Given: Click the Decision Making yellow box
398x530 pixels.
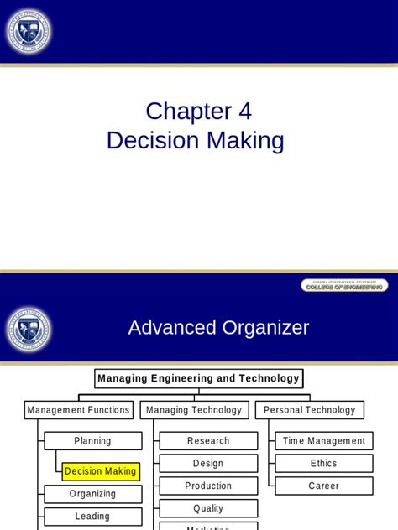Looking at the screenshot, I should (101, 471).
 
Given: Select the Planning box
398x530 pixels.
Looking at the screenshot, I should (92, 441).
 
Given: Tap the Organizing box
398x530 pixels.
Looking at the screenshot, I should (92, 494).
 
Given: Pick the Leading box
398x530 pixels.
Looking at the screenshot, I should (92, 517).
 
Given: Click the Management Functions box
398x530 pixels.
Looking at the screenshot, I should (79, 410).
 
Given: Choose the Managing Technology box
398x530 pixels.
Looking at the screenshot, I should (194, 410).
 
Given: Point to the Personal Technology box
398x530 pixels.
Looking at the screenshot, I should (310, 410).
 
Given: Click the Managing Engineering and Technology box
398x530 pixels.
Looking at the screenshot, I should (198, 378).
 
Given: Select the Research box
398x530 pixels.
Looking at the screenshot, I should (208, 441).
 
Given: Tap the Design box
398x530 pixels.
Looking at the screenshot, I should (208, 463).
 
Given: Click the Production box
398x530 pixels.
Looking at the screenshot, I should (208, 486).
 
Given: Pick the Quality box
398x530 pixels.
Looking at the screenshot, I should (208, 508).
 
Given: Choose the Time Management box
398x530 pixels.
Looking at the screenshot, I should (324, 441).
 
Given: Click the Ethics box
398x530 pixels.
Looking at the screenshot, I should (324, 463).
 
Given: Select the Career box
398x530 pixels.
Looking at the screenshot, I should (324, 486).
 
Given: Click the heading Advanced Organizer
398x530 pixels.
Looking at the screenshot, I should (218, 328).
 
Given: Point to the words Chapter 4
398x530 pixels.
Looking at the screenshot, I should (198, 111).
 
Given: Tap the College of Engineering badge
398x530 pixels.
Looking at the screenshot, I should (344, 286).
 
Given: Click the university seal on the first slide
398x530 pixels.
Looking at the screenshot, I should (29, 34).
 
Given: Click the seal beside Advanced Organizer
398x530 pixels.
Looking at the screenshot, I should (29, 328).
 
